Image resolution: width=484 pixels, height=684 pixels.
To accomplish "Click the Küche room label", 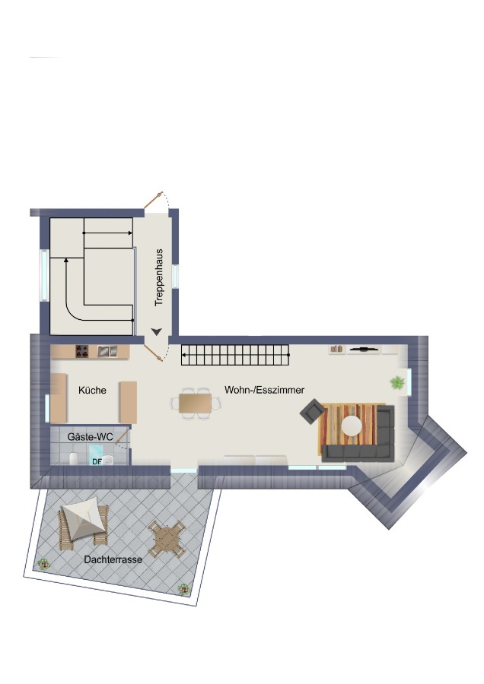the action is click(92, 390).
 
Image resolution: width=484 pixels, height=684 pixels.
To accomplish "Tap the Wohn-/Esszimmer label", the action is click(264, 390).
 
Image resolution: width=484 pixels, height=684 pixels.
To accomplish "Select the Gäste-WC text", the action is click(90, 437).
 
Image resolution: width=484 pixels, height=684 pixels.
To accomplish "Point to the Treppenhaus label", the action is click(159, 277).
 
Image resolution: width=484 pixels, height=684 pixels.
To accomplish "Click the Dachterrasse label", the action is click(113, 559).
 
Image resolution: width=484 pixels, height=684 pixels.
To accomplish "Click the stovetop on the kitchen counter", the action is click(81, 351).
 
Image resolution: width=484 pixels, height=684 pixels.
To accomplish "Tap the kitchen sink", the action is click(107, 350).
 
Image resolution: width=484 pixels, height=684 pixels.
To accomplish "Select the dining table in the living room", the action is click(196, 403).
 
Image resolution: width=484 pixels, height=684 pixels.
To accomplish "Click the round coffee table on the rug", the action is click(352, 426).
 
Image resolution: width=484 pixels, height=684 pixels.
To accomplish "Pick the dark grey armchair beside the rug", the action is click(312, 411).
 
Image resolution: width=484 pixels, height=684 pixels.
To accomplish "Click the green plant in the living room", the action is click(397, 383).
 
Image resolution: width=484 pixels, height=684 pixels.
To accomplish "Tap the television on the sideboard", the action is click(364, 349).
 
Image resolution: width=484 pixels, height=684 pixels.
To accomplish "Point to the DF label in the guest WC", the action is click(97, 461).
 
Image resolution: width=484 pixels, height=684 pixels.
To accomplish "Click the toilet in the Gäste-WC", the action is click(74, 458).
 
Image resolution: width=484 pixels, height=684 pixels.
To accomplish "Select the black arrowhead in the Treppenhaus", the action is click(157, 331).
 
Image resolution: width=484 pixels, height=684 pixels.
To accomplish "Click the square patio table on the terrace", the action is click(167, 538).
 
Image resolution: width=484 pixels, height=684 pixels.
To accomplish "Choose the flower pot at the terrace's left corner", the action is click(43, 565).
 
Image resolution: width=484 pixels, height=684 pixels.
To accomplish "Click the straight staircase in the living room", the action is click(235, 355).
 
